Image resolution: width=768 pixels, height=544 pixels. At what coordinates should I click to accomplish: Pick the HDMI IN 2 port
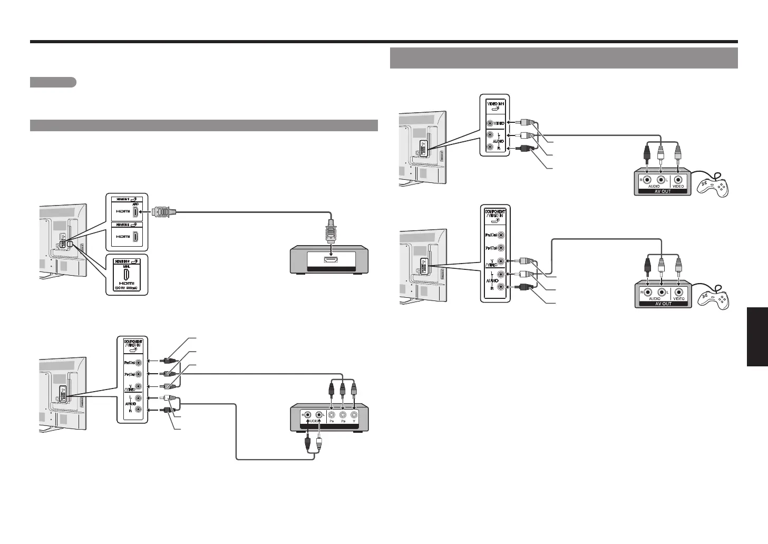click(x=135, y=237)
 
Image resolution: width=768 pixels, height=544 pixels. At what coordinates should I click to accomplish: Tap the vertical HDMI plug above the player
click(x=332, y=232)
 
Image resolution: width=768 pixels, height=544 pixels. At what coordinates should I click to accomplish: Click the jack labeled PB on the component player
click(x=343, y=414)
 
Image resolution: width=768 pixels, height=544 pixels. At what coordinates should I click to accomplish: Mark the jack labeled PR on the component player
click(x=332, y=414)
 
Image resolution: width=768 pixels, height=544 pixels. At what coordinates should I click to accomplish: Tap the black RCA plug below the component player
click(x=308, y=443)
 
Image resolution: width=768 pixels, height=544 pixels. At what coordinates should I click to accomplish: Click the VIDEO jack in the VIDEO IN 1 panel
click(x=491, y=123)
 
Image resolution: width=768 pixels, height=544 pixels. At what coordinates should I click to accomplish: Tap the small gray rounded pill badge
click(x=53, y=82)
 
